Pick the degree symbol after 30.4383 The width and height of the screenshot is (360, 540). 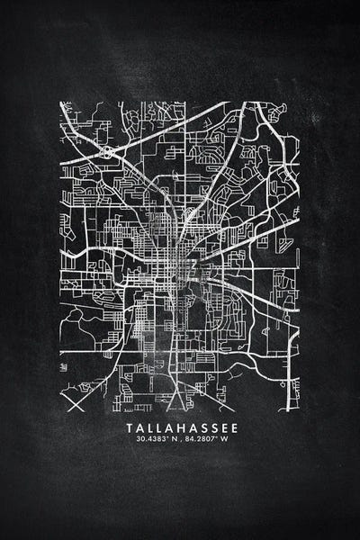pos(162,437)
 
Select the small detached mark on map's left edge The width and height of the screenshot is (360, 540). pos(63,367)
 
